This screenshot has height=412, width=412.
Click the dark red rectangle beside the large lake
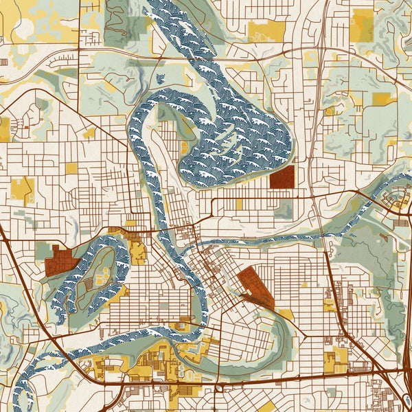coord(282,176)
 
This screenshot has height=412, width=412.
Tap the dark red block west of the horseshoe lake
coord(60,262)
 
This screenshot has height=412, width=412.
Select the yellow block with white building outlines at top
coord(266,30)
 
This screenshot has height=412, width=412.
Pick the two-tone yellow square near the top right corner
coord(362,25)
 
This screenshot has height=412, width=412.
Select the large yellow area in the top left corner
coord(41,21)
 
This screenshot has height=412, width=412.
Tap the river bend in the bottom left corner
coord(24,385)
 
